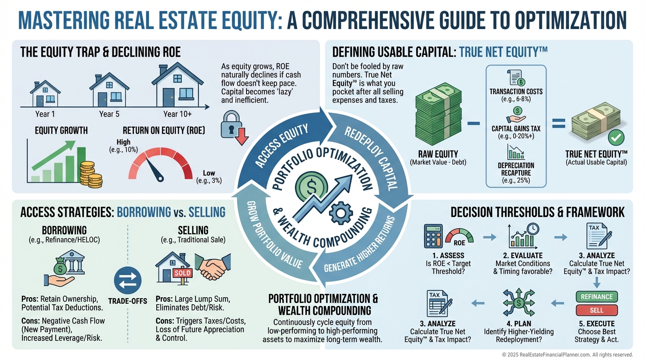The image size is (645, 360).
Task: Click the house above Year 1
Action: click(x=45, y=94)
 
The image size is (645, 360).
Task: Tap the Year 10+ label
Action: click(x=177, y=114)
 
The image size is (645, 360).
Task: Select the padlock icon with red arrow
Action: click(x=234, y=127)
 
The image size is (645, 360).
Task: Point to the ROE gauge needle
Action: click(x=154, y=170)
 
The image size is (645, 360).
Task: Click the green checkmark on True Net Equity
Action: click(x=616, y=138)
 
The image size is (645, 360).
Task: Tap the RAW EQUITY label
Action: click(x=438, y=154)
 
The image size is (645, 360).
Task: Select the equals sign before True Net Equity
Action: click(x=559, y=124)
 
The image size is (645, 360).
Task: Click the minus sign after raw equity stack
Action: click(x=473, y=124)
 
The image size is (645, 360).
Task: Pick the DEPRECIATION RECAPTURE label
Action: click(x=516, y=169)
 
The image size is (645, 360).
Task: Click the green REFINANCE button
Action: click(x=597, y=297)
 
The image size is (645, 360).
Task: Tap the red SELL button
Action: click(x=597, y=310)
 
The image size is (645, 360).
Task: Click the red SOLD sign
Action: click(x=182, y=273)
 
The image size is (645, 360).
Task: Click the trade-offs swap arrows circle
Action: click(x=127, y=280)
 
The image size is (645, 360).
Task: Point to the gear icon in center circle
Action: click(x=341, y=213)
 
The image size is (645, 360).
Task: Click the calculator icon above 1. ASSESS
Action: click(x=433, y=236)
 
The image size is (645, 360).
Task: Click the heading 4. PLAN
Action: click(x=518, y=323)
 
